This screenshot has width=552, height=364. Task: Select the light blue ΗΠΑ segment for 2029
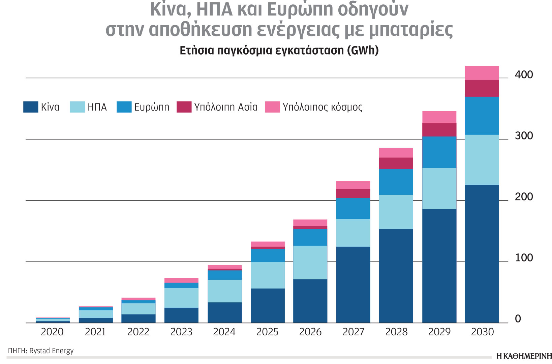pos(439,188)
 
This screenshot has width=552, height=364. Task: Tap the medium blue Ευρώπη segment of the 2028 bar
pos(396,182)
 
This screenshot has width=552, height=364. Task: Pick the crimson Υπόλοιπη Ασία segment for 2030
pos(482,88)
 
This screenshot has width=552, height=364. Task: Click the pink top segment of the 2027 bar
pos(353,185)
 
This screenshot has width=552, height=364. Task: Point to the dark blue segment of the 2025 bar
pos(268,305)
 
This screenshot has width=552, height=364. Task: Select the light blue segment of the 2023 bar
pos(181,298)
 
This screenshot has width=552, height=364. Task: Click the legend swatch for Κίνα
pos(31,107)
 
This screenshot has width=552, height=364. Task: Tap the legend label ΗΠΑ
pos(97,107)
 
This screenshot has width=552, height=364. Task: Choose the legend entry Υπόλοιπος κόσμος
pos(323,107)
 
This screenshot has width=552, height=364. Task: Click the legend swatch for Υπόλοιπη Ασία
pos(184,107)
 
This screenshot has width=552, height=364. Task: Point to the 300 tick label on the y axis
pos(524,136)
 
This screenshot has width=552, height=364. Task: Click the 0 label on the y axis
pos(518,319)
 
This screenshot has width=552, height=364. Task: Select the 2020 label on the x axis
pos(52,332)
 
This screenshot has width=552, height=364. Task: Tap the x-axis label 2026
pos(310,332)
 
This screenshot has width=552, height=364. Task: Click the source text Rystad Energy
pos(52,351)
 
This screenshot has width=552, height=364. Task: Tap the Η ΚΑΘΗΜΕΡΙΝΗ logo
pos(524,356)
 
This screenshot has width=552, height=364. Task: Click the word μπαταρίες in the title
pos(411,30)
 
